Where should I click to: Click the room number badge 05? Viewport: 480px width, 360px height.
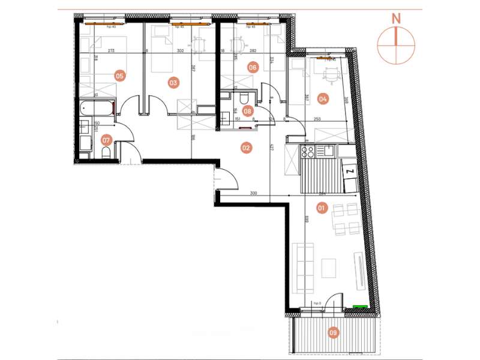pos(119,76)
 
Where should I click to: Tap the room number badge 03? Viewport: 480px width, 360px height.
pos(173,83)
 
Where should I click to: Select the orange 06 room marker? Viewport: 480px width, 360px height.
pos(253,68)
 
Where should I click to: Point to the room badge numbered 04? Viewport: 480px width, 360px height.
pos(323,98)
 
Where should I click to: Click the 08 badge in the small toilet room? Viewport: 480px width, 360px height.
pos(248,110)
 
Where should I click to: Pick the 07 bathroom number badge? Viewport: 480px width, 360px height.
pos(106,141)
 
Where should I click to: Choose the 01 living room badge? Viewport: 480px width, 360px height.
pos(321,208)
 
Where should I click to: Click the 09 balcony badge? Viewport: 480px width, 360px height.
pos(334,331)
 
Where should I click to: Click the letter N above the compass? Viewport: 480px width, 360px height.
pos(395,17)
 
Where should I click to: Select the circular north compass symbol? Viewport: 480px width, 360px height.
pos(395,45)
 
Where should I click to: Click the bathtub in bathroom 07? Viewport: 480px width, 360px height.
pos(96,109)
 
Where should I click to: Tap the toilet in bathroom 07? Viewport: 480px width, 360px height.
pos(106,154)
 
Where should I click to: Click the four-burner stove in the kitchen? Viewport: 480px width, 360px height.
pos(307,152)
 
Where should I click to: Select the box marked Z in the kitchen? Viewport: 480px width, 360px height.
pos(349,172)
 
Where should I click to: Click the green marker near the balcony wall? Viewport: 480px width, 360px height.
pos(360,307)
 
